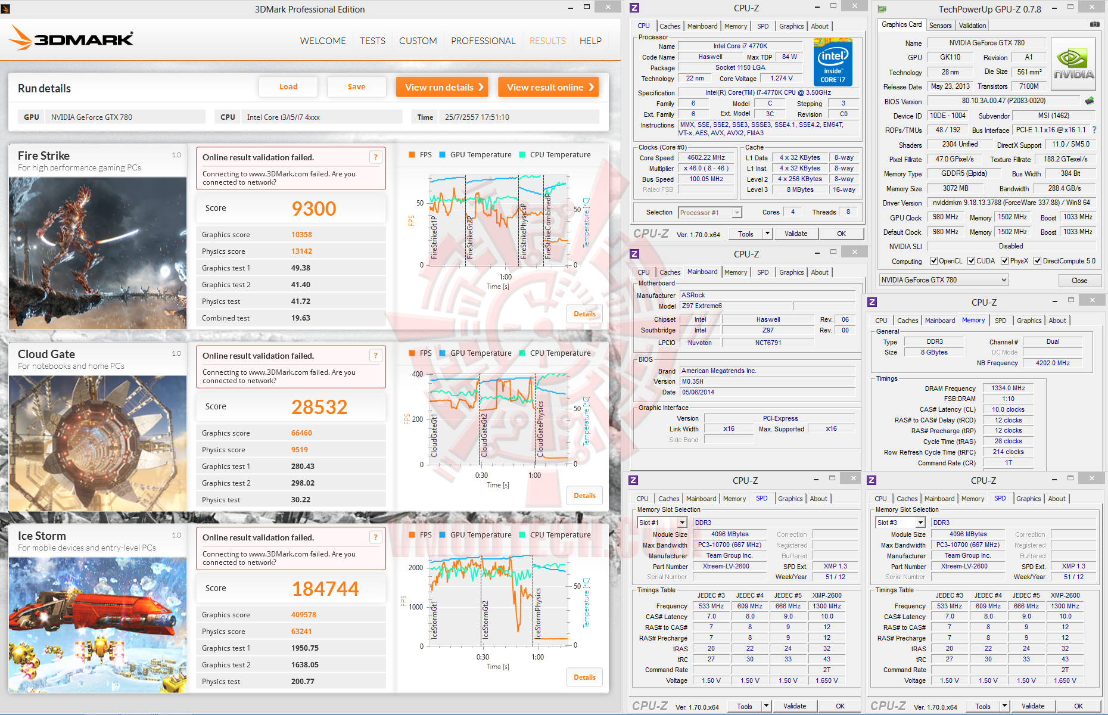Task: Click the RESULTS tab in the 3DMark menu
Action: click(547, 41)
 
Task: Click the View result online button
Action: click(548, 87)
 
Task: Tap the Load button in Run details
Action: click(288, 87)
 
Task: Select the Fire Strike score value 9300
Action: click(314, 209)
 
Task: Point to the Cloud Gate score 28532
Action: click(319, 407)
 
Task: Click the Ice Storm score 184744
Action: click(325, 589)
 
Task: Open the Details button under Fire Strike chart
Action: click(584, 314)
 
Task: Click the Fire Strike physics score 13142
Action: click(301, 251)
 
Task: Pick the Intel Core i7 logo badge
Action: click(833, 63)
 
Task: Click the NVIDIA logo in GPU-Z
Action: click(1073, 64)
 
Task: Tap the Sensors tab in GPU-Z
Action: click(940, 26)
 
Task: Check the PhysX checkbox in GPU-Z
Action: click(1005, 261)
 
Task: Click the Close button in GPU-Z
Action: click(1079, 281)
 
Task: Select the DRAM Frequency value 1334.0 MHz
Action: click(1008, 388)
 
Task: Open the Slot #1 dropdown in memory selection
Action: click(662, 523)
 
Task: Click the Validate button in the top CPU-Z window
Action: click(795, 234)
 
